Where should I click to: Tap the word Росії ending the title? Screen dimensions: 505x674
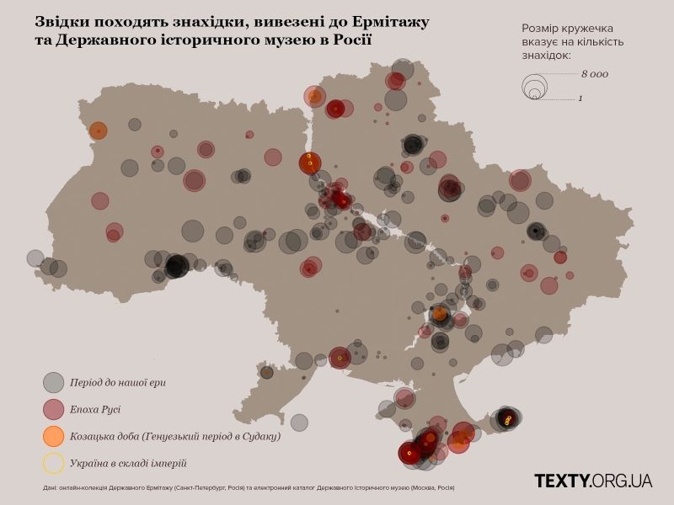[x=345, y=40]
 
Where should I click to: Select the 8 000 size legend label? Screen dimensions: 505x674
[x=594, y=74]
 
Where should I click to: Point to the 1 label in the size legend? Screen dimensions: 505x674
[x=580, y=98]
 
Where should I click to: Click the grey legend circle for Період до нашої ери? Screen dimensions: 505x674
[x=54, y=382]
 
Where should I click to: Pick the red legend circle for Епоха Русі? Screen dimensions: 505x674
[x=54, y=409]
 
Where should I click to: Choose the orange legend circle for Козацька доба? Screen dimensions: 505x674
[x=54, y=436]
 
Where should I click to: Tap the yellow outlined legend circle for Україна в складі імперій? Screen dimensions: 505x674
[x=54, y=463]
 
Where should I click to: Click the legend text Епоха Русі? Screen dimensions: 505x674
[x=96, y=409]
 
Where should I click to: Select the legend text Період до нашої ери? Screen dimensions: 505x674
[x=118, y=382]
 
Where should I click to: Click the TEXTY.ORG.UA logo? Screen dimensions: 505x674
[x=593, y=481]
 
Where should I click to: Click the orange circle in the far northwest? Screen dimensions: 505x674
[x=99, y=130]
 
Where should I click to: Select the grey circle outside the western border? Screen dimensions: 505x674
[x=35, y=258]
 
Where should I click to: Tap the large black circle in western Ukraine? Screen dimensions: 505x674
[x=176, y=266]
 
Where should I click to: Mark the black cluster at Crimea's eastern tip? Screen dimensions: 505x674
[x=506, y=417]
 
